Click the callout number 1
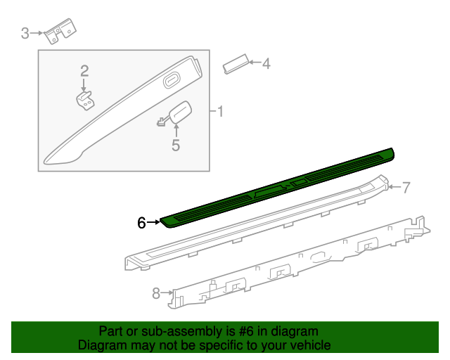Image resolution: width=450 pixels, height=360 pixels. click(220, 112)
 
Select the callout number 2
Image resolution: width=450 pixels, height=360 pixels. click(84, 70)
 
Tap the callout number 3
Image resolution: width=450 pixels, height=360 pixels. click(25, 33)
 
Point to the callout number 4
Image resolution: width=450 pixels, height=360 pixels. click(266, 64)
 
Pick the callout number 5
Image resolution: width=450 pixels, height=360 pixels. click(176, 146)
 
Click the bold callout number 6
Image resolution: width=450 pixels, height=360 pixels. click(141, 223)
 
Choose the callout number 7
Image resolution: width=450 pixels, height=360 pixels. click(405, 187)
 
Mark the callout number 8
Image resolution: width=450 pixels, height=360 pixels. click(156, 294)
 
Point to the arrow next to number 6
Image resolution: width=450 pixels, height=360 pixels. click(154, 222)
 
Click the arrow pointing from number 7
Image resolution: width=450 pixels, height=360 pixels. click(393, 187)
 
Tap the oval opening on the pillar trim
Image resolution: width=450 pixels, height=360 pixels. click(172, 82)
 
